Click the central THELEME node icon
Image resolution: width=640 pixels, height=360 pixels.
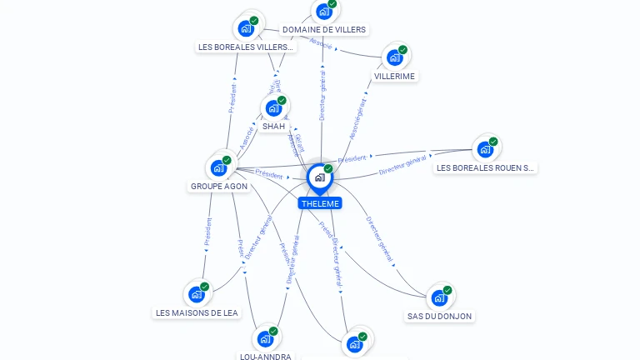pos(318,177)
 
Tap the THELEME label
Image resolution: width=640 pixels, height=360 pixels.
pos(320,203)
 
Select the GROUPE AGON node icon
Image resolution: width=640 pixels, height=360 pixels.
pos(218,167)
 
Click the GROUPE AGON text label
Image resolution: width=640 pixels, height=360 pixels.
pos(219,187)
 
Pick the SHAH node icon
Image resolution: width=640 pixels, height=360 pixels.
pos(273,108)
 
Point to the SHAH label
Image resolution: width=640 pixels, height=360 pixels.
pos(273,127)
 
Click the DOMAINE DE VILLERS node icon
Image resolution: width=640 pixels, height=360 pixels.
pos(323,12)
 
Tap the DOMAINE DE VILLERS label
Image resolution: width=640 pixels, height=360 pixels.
pos(324,30)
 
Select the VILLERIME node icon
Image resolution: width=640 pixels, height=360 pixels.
pos(394,58)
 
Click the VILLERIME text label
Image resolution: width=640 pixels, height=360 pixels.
pos(394,77)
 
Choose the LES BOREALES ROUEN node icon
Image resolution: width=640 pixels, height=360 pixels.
pos(484,150)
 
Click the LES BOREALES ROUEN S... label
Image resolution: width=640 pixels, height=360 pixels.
pos(485,168)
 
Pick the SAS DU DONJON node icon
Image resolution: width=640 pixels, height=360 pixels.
pos(439,297)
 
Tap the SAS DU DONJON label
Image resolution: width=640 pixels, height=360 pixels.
pos(440,317)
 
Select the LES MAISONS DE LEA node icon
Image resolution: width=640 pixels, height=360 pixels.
pos(197,294)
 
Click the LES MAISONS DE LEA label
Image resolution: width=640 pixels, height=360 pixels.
pos(197,313)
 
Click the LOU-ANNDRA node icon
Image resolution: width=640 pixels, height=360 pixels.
pos(265,338)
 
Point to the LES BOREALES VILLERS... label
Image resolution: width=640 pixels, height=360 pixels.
pos(246,47)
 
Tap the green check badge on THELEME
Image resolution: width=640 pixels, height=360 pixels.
pos(328,168)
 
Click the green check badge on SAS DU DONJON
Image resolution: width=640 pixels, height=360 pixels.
pos(447,290)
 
